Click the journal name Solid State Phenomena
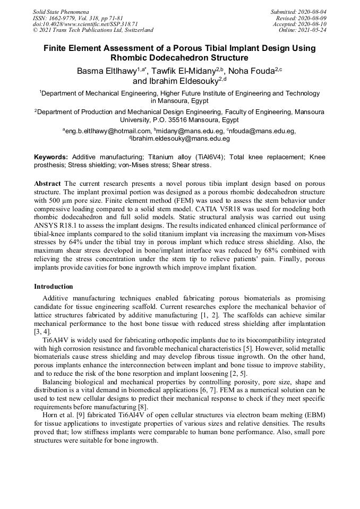click(61, 11)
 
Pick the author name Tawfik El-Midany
click(188, 71)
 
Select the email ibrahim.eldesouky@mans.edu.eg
click(181, 139)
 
